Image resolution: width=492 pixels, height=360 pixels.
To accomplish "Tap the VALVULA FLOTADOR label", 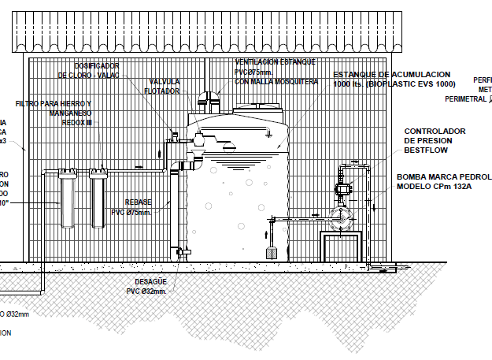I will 164,86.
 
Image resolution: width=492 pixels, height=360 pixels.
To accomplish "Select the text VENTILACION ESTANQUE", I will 275,61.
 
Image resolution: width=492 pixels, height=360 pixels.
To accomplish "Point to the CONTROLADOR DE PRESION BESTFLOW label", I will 435,139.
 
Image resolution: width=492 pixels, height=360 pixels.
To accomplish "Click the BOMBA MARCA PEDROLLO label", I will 443,176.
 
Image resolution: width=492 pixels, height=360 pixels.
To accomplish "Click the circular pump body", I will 343,218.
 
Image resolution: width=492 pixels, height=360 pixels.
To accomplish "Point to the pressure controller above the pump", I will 344,189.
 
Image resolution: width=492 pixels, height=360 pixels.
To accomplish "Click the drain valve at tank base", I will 182,251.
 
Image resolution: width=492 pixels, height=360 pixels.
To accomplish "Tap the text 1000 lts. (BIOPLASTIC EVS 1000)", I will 394,84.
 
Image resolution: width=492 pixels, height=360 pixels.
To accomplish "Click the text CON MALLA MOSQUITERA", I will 276,81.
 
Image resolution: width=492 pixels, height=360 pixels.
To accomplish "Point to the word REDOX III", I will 76,123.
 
